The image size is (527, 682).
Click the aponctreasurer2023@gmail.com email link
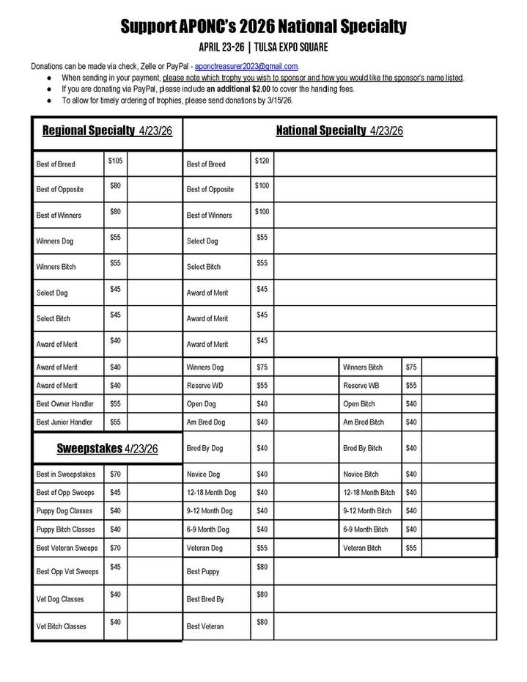[x=246, y=66]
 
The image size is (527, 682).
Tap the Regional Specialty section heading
[x=107, y=131]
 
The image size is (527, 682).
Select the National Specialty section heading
[x=339, y=131]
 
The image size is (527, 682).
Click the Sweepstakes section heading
[x=107, y=448]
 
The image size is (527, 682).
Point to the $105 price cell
[x=115, y=161]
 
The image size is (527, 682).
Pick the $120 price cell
[x=262, y=161]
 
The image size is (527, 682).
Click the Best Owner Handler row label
[x=65, y=403]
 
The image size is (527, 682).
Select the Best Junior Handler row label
[x=65, y=422]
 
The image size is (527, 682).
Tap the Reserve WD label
[x=205, y=385]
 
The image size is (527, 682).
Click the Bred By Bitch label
[x=363, y=448]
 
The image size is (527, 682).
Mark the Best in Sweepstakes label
[x=66, y=474]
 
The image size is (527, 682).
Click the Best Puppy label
[x=203, y=571]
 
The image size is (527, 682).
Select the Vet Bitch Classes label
[x=62, y=626]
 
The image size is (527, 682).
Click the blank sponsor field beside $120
[x=384, y=164]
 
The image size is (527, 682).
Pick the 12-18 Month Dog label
[x=212, y=492]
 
